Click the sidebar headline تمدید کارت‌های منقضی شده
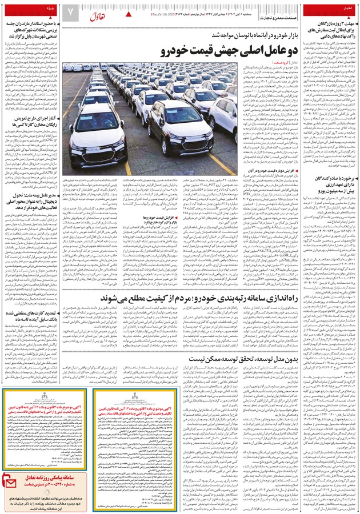34,318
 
